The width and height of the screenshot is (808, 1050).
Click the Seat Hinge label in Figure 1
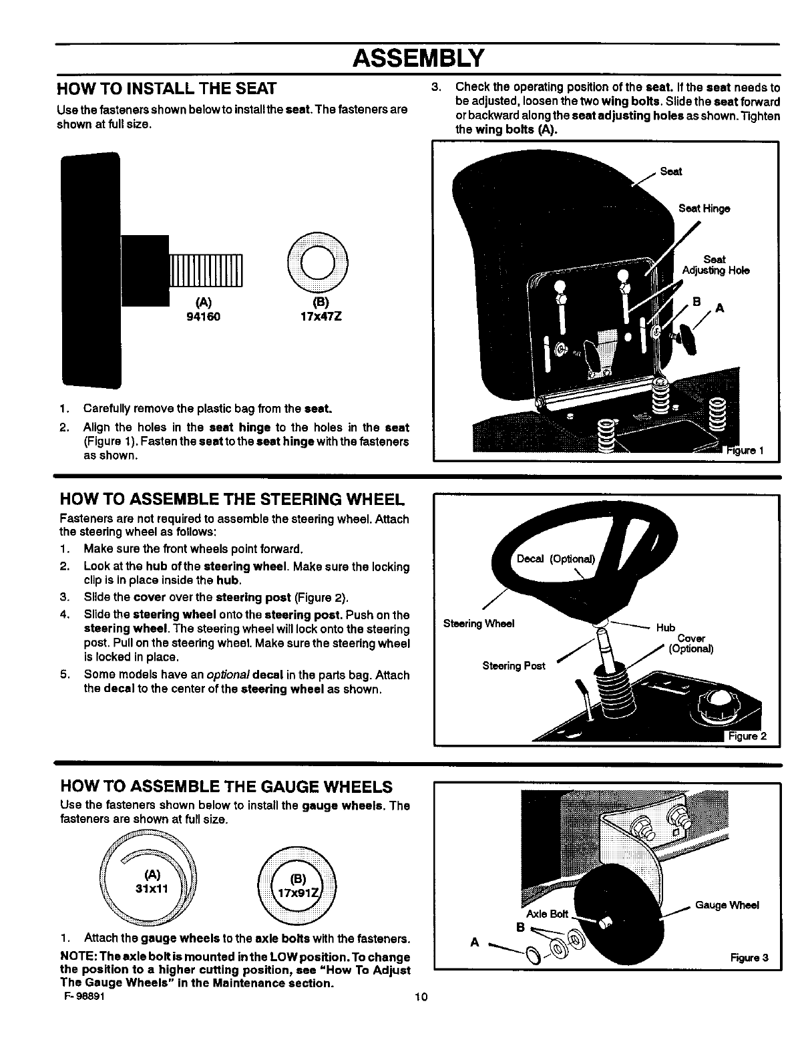[704, 208]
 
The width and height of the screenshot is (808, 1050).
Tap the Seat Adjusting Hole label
[715, 265]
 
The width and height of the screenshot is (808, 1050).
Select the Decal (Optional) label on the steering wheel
[559, 559]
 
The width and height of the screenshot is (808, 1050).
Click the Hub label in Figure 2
[665, 628]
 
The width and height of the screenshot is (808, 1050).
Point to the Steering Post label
[514, 666]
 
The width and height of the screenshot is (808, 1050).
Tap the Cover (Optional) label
[691, 643]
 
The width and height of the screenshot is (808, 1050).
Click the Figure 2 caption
[747, 737]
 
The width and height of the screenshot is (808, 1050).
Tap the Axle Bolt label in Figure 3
[547, 914]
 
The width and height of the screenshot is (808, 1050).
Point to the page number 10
[420, 998]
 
